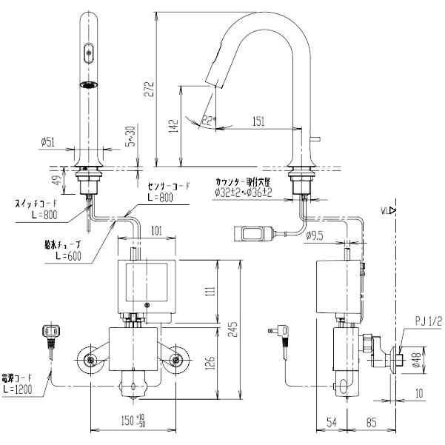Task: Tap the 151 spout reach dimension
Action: (260, 121)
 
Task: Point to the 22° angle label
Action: (208, 118)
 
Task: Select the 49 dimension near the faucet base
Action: (63, 180)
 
